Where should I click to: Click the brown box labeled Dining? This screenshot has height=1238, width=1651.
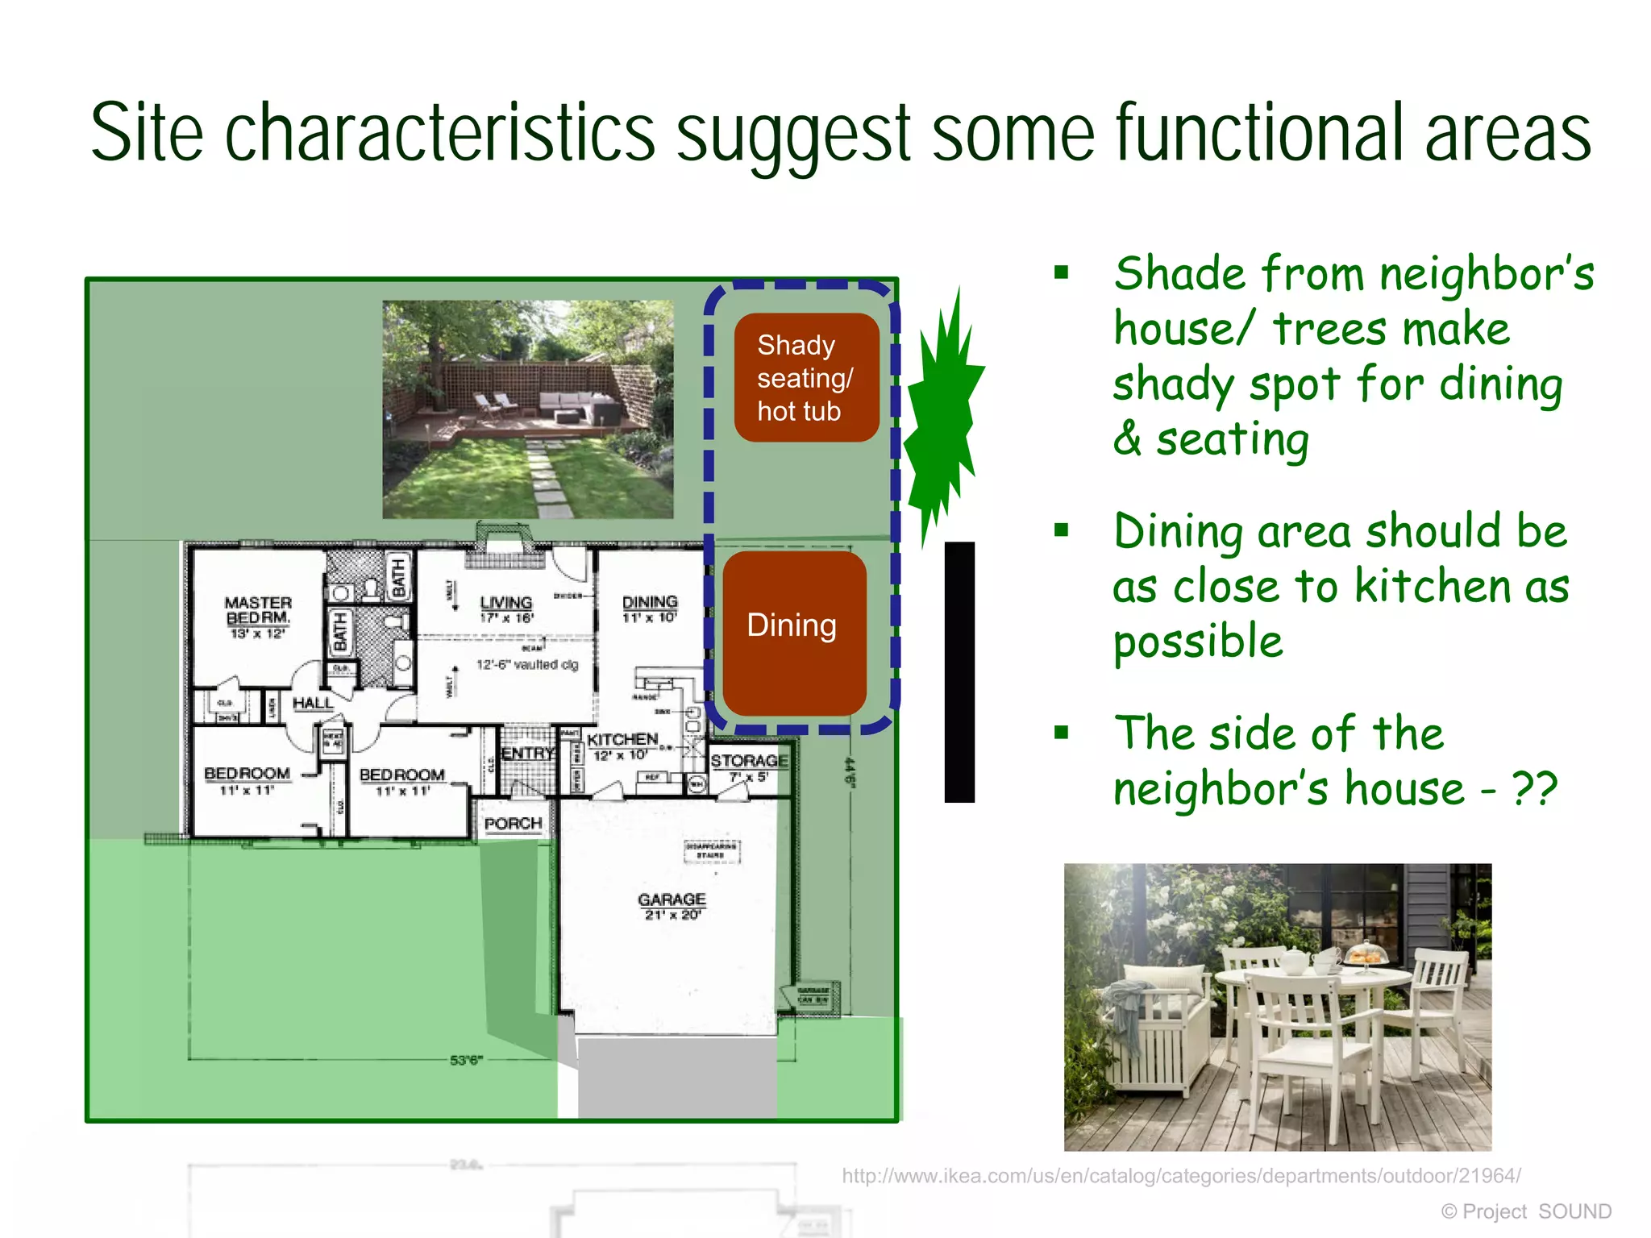tap(794, 632)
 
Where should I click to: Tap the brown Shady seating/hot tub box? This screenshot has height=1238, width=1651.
tap(805, 377)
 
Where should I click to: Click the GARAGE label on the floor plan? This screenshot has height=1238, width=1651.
tap(672, 899)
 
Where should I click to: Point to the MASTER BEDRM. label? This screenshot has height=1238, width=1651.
tap(258, 610)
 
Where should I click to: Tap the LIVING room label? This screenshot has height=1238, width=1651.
tap(506, 603)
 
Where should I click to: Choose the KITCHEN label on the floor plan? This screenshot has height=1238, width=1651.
tap(622, 739)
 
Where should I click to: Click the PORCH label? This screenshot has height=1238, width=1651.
tap(513, 823)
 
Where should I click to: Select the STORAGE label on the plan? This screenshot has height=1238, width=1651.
tap(749, 760)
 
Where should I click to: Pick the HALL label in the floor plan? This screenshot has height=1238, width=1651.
tap(313, 703)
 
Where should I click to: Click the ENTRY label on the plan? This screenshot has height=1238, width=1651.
tap(528, 753)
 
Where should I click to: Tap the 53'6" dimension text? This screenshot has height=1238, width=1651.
tap(466, 1060)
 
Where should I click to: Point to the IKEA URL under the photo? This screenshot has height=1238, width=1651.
tap(1181, 1175)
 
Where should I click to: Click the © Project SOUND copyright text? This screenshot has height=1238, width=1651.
tap(1526, 1211)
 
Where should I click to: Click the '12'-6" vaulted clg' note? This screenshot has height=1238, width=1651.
tap(527, 665)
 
